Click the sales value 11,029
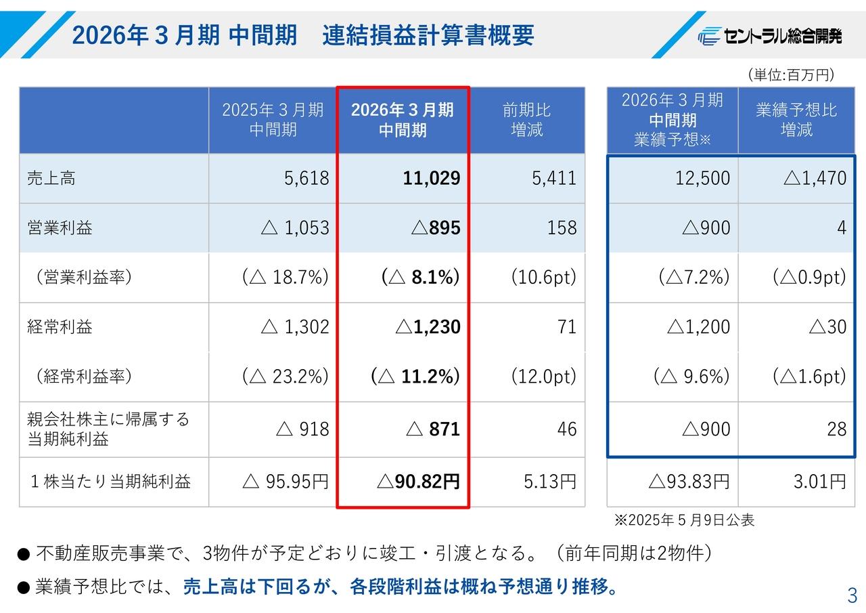[431, 178]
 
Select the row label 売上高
[51, 179]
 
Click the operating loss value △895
[436, 228]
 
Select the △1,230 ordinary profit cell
[428, 327]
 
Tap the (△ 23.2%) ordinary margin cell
[286, 377]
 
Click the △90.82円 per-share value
[418, 482]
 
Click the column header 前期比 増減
[527, 120]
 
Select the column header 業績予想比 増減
[796, 120]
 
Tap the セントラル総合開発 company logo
[770, 37]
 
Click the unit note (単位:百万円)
[790, 75]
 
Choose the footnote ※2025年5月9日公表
[684, 520]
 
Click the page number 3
[852, 596]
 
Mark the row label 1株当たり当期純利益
[110, 482]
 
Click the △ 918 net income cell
[303, 429]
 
